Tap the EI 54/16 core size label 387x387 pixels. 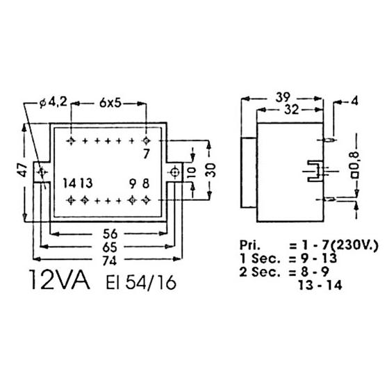141,282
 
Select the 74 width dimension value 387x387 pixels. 109,261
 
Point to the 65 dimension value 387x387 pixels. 110,247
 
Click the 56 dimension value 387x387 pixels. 110,233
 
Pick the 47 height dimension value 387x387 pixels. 23,170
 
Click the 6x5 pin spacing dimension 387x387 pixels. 110,103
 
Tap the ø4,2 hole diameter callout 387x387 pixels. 53,101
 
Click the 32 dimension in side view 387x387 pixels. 292,110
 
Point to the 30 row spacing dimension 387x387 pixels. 211,170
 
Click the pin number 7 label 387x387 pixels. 147,154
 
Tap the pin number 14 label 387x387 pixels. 69,183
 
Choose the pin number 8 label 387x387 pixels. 146,183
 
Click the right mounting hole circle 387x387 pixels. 175,172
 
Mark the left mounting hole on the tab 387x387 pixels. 42,172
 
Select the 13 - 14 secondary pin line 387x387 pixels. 320,286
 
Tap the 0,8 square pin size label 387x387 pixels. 356,165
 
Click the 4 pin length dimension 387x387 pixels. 354,101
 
